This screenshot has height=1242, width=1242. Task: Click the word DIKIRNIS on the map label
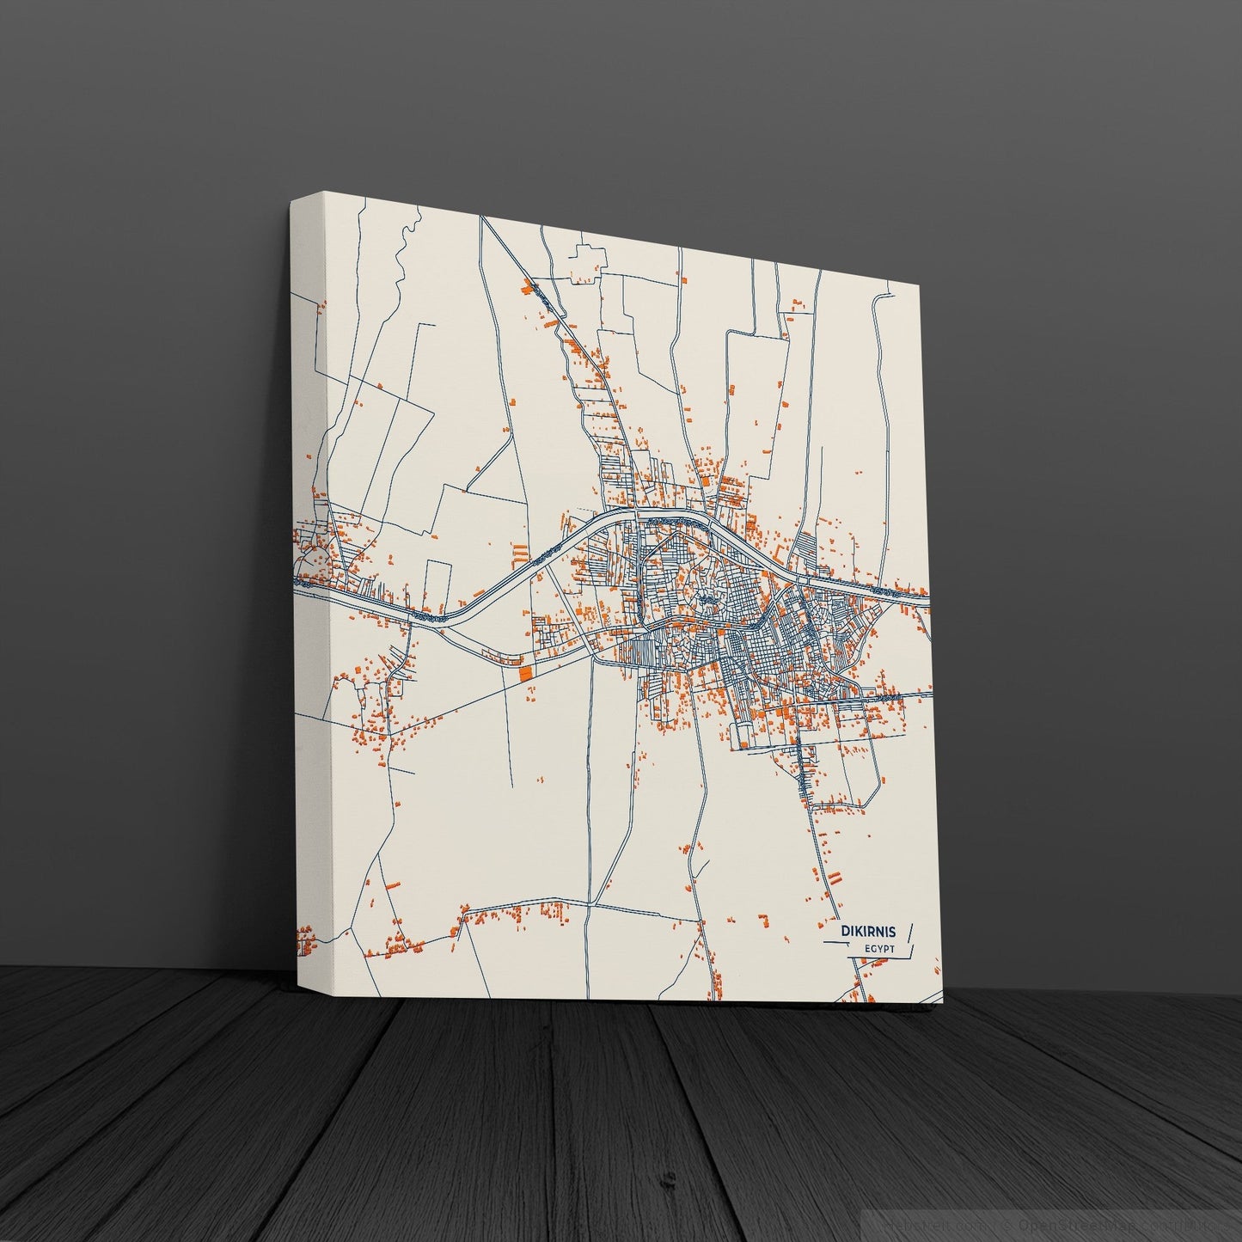click(868, 931)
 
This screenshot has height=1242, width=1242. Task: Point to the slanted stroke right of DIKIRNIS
click(910, 931)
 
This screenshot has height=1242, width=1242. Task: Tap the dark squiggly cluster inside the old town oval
click(707, 593)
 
